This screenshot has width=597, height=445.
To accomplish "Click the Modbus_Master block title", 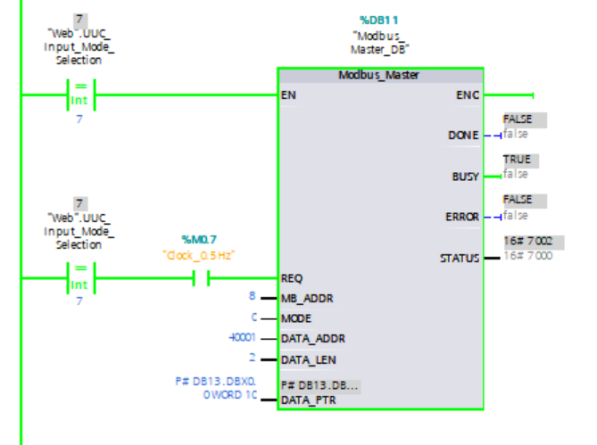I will click(381, 75).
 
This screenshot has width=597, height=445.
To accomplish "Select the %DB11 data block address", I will click(381, 19).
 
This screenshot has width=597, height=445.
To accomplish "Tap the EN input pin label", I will click(287, 94).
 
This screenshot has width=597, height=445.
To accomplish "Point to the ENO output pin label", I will click(468, 94).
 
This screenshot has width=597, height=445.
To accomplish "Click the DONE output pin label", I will click(462, 136).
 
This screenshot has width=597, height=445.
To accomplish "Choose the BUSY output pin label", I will click(464, 177).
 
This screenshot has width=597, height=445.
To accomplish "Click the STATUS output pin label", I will click(459, 259).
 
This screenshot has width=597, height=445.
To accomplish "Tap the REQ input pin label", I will click(291, 278).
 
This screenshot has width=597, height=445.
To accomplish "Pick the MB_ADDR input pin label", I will click(304, 298).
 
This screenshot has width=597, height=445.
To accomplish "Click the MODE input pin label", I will click(295, 318).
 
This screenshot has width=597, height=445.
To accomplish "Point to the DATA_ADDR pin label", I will click(312, 339).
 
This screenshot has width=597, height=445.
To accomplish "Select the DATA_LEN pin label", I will click(308, 359).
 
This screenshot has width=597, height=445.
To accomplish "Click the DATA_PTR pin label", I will click(308, 400).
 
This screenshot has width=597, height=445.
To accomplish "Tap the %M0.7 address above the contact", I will click(199, 239).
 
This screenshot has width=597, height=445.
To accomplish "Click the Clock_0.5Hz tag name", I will click(199, 255).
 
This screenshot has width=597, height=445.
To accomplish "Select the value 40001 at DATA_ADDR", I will click(242, 338).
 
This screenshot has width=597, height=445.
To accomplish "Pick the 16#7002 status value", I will click(527, 242).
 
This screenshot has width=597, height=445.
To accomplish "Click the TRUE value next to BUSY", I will click(517, 160).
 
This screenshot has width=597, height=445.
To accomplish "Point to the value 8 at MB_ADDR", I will click(254, 297).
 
